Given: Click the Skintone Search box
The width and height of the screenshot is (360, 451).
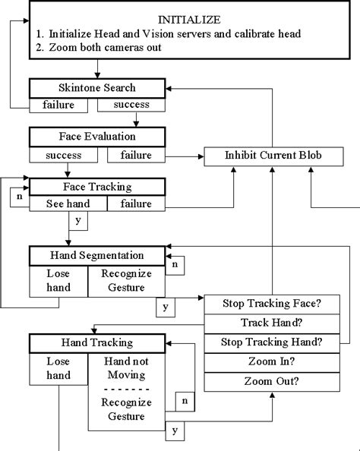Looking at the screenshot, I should click(96, 88).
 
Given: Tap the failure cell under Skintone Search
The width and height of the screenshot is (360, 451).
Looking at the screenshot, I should click(52, 105).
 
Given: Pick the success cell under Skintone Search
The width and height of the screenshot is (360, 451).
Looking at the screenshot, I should click(131, 105).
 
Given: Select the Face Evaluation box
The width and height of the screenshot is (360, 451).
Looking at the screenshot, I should click(96, 137).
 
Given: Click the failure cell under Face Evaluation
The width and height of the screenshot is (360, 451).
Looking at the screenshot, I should click(135, 155).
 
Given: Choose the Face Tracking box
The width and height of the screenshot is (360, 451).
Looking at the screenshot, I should click(96, 186).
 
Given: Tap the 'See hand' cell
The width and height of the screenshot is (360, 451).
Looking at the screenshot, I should click(68, 203).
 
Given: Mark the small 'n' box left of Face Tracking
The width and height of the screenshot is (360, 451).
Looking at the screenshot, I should click(19, 197).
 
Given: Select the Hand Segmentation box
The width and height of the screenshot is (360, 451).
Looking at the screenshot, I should click(96, 255).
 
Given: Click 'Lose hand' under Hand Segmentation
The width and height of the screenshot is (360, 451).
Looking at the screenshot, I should click(58, 280).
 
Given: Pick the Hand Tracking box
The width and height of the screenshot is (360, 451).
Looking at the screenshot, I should click(96, 344).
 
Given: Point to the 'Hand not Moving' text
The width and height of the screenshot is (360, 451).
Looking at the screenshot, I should click(126, 368).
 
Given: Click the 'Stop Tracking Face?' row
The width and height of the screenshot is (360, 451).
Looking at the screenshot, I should click(271, 304).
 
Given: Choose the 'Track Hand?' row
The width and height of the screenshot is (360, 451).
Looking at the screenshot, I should click(271, 323).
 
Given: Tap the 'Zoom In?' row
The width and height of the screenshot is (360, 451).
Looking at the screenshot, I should click(271, 362).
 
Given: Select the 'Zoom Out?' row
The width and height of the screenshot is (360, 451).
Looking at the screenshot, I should click(271, 382).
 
